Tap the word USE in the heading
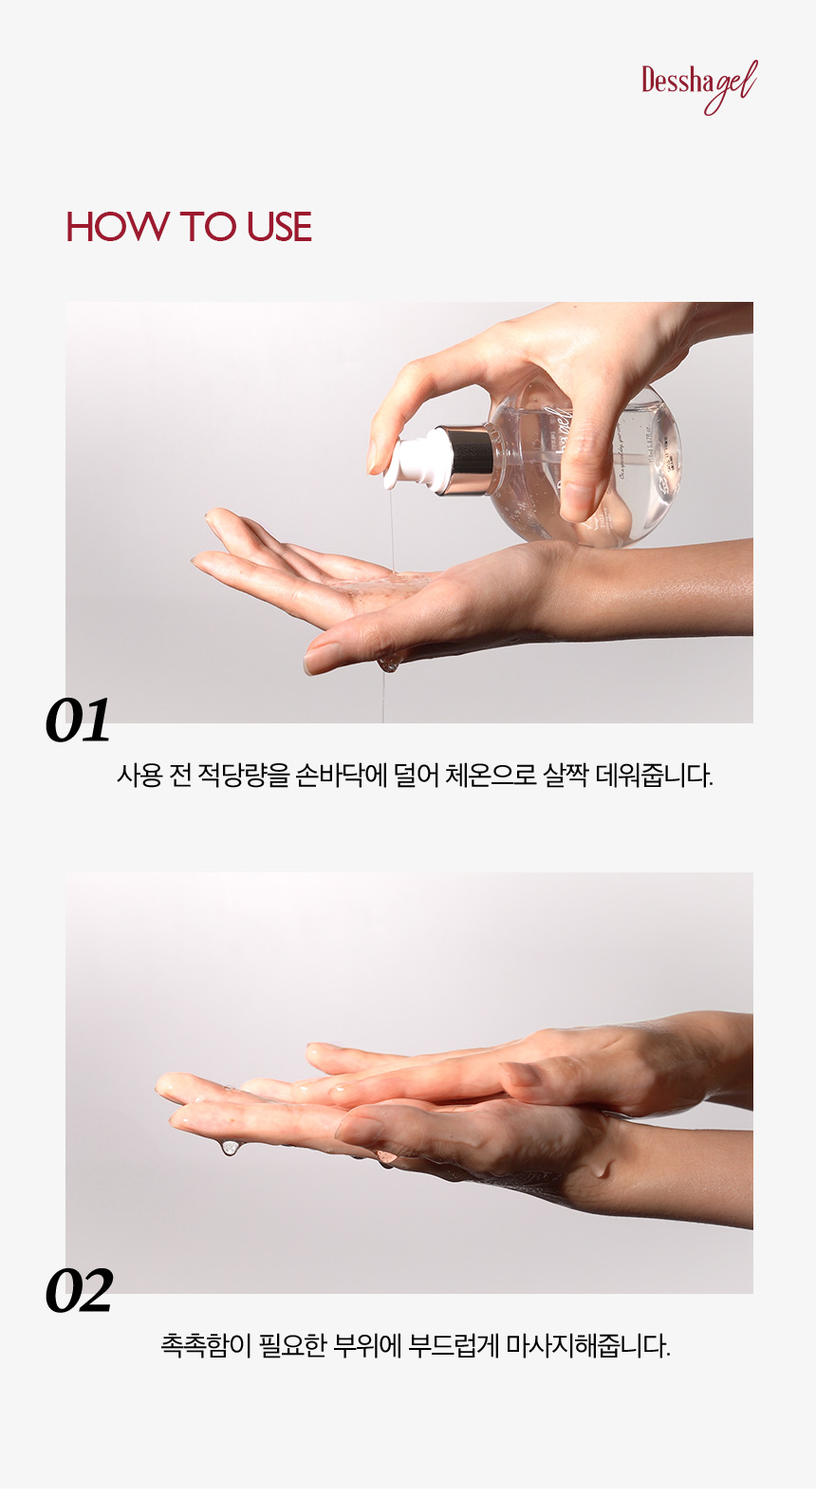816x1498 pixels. pyautogui.click(x=279, y=227)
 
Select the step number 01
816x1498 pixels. pyautogui.click(x=78, y=721)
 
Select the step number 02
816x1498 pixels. pyautogui.click(x=80, y=1291)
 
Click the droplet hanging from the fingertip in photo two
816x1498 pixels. pyautogui.click(x=231, y=1148)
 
